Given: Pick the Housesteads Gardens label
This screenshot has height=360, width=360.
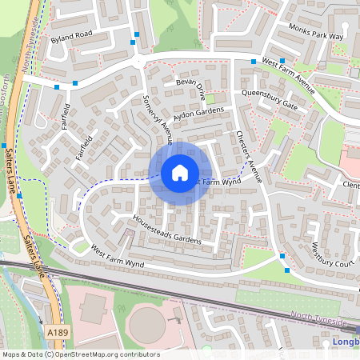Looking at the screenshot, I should point(166,229).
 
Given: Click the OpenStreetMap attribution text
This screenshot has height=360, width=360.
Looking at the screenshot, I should point(80,354).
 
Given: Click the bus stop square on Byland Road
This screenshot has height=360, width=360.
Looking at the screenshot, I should point(136,34).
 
